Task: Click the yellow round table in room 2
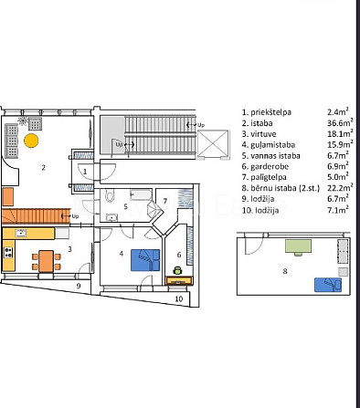[x=31, y=141]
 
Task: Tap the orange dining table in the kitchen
[x=47, y=261]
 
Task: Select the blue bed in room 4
[x=145, y=260]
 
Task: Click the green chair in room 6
[x=177, y=270]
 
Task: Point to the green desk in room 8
[x=298, y=246]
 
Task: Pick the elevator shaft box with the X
[x=213, y=143]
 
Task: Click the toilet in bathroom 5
[x=110, y=195]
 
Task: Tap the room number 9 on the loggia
[x=79, y=286]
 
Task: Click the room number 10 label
[x=179, y=298]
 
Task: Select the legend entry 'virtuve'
[x=263, y=134]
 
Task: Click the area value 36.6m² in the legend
[x=340, y=122]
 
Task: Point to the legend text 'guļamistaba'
[x=272, y=145]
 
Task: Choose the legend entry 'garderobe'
[x=270, y=167]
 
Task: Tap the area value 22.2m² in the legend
[x=340, y=187]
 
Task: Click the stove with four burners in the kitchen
[x=8, y=253]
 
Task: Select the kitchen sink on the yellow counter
[x=21, y=234]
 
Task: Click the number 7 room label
[x=165, y=201]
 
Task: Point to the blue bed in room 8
[x=328, y=285]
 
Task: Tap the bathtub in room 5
[x=141, y=194]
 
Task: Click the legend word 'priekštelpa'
[x=270, y=112]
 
